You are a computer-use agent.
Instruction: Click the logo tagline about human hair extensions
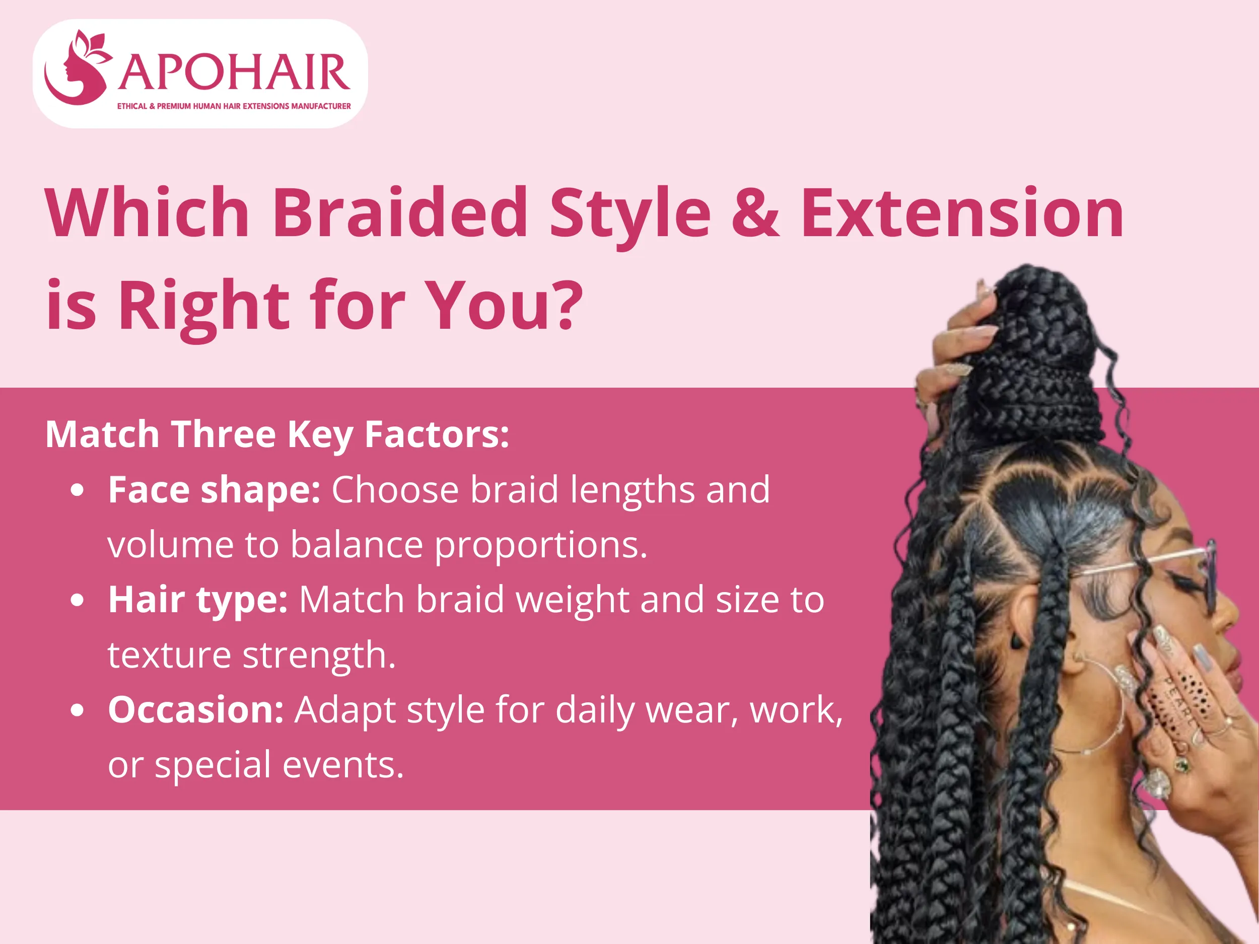pos(234,106)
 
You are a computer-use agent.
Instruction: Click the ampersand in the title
pos(755,213)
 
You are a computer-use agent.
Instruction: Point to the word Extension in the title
pos(962,213)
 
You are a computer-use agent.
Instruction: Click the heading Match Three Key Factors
pos(277,434)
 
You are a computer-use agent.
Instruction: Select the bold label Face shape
pos(215,489)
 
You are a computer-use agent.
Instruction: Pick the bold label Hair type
pos(197,600)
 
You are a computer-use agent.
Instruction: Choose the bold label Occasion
pos(196,710)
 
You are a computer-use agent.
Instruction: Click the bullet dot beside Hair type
pos(78,600)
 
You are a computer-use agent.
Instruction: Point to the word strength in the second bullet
pos(319,656)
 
